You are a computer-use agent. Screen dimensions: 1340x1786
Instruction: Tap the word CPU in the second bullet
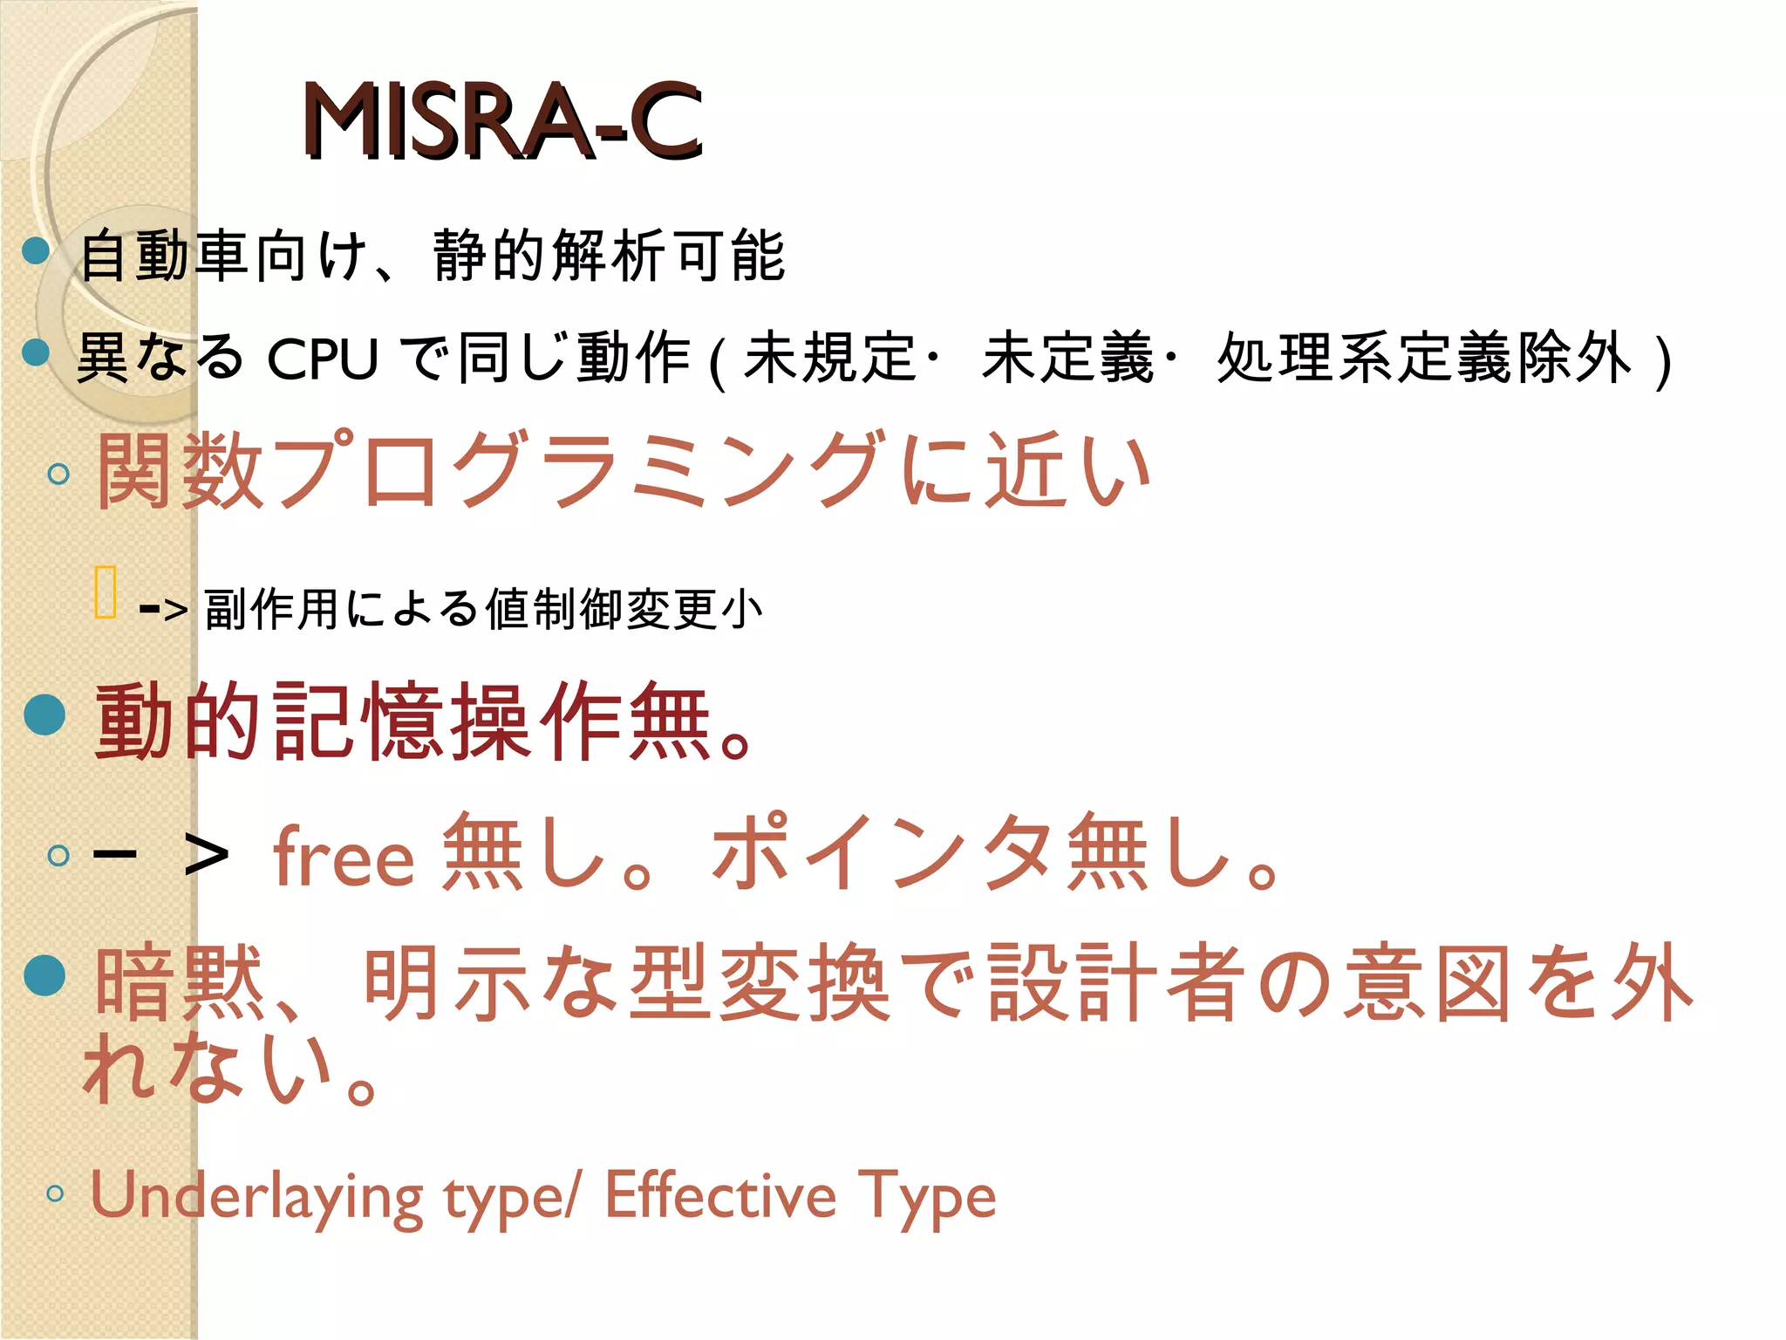point(323,359)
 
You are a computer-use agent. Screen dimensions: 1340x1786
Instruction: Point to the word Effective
point(720,1194)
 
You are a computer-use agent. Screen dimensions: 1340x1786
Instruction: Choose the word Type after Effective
point(926,1196)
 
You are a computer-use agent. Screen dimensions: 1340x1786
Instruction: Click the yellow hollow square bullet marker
point(105,592)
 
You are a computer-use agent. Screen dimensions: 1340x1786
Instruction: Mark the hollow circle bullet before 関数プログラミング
point(58,474)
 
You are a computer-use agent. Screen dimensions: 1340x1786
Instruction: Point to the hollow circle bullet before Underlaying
point(56,1193)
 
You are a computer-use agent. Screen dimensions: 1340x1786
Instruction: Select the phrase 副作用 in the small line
point(270,609)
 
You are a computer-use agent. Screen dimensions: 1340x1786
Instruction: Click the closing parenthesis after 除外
point(1663,360)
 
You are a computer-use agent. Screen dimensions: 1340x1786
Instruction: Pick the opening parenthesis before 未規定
point(718,360)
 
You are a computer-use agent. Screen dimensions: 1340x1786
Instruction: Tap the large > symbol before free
point(207,855)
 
